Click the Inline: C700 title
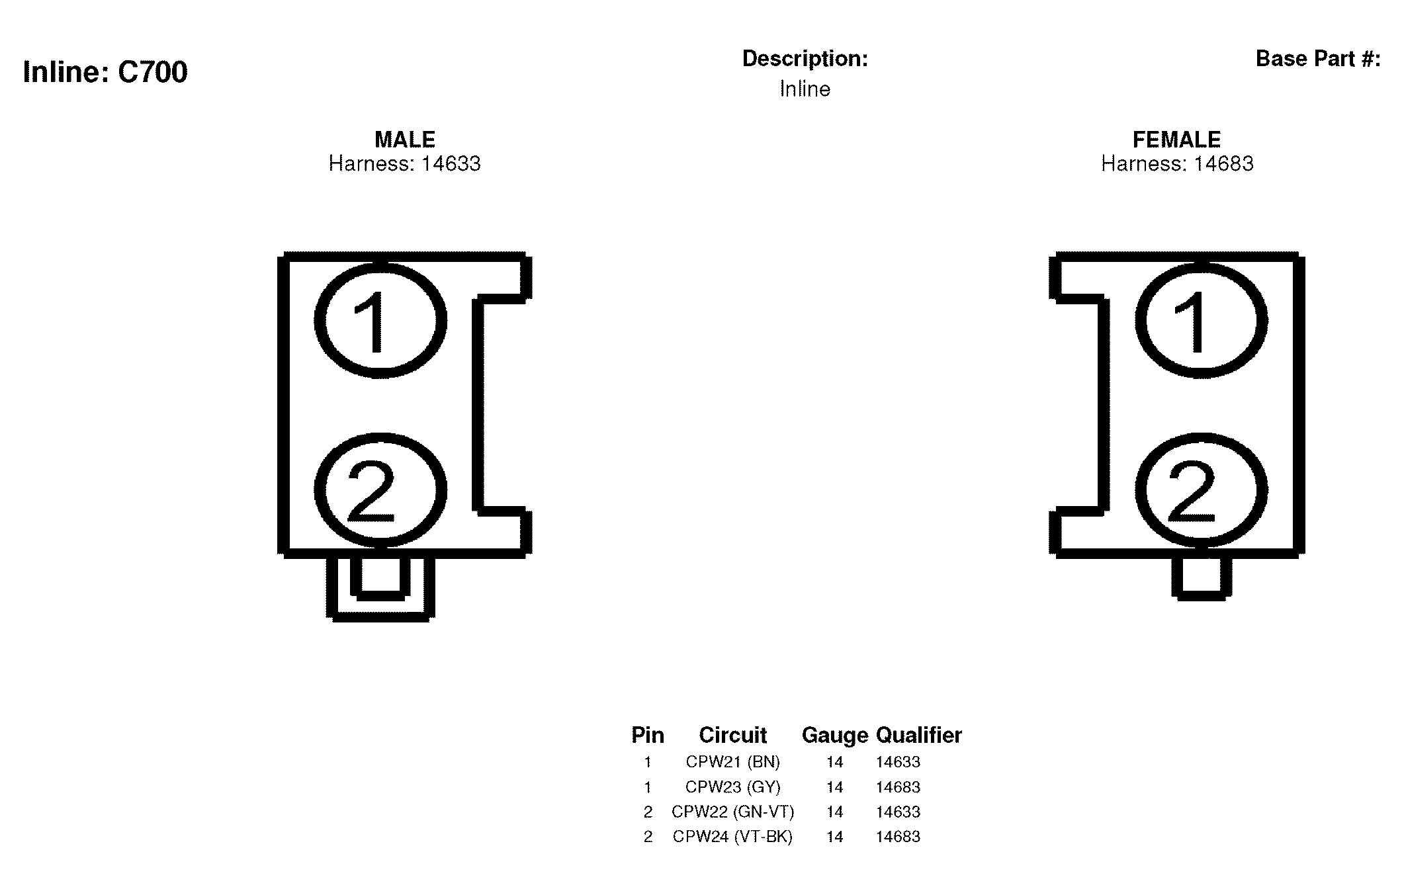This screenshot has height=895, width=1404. click(105, 71)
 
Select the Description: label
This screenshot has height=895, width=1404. click(805, 59)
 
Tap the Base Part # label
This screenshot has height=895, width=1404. click(1318, 59)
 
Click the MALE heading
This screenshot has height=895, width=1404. click(405, 140)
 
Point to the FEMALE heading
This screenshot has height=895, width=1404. click(1177, 140)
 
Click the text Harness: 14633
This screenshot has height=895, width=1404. click(405, 163)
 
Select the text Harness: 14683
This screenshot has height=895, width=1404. click(1177, 163)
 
